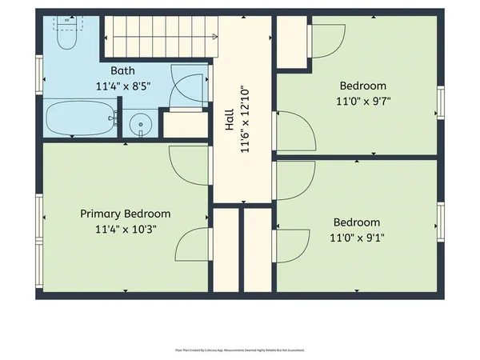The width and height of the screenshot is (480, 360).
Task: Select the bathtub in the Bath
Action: [x=78, y=119]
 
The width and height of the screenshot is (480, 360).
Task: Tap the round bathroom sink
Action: [x=141, y=124]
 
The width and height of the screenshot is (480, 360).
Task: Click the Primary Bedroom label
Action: [x=126, y=214]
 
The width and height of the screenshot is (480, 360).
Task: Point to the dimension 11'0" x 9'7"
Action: [x=362, y=101]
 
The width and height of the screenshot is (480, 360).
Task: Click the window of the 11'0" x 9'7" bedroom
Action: [x=439, y=102]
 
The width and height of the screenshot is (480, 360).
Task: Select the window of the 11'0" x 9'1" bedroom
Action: [x=439, y=221]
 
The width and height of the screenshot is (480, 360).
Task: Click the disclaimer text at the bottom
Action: [x=239, y=350]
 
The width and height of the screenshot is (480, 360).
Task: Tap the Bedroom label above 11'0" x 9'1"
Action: [x=357, y=222]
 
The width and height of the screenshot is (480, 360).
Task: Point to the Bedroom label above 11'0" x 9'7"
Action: [x=362, y=86]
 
